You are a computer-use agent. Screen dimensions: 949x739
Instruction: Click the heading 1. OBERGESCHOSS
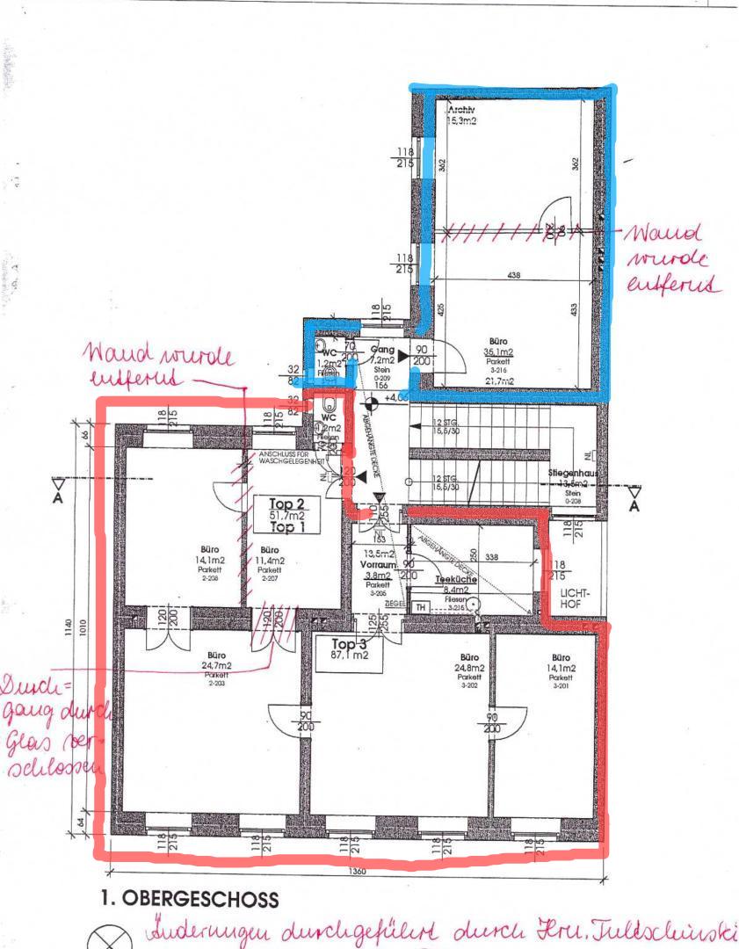[x=189, y=900]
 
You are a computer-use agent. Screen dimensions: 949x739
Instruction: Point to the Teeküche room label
[x=455, y=581]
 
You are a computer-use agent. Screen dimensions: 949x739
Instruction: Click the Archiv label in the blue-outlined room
[x=461, y=111]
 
